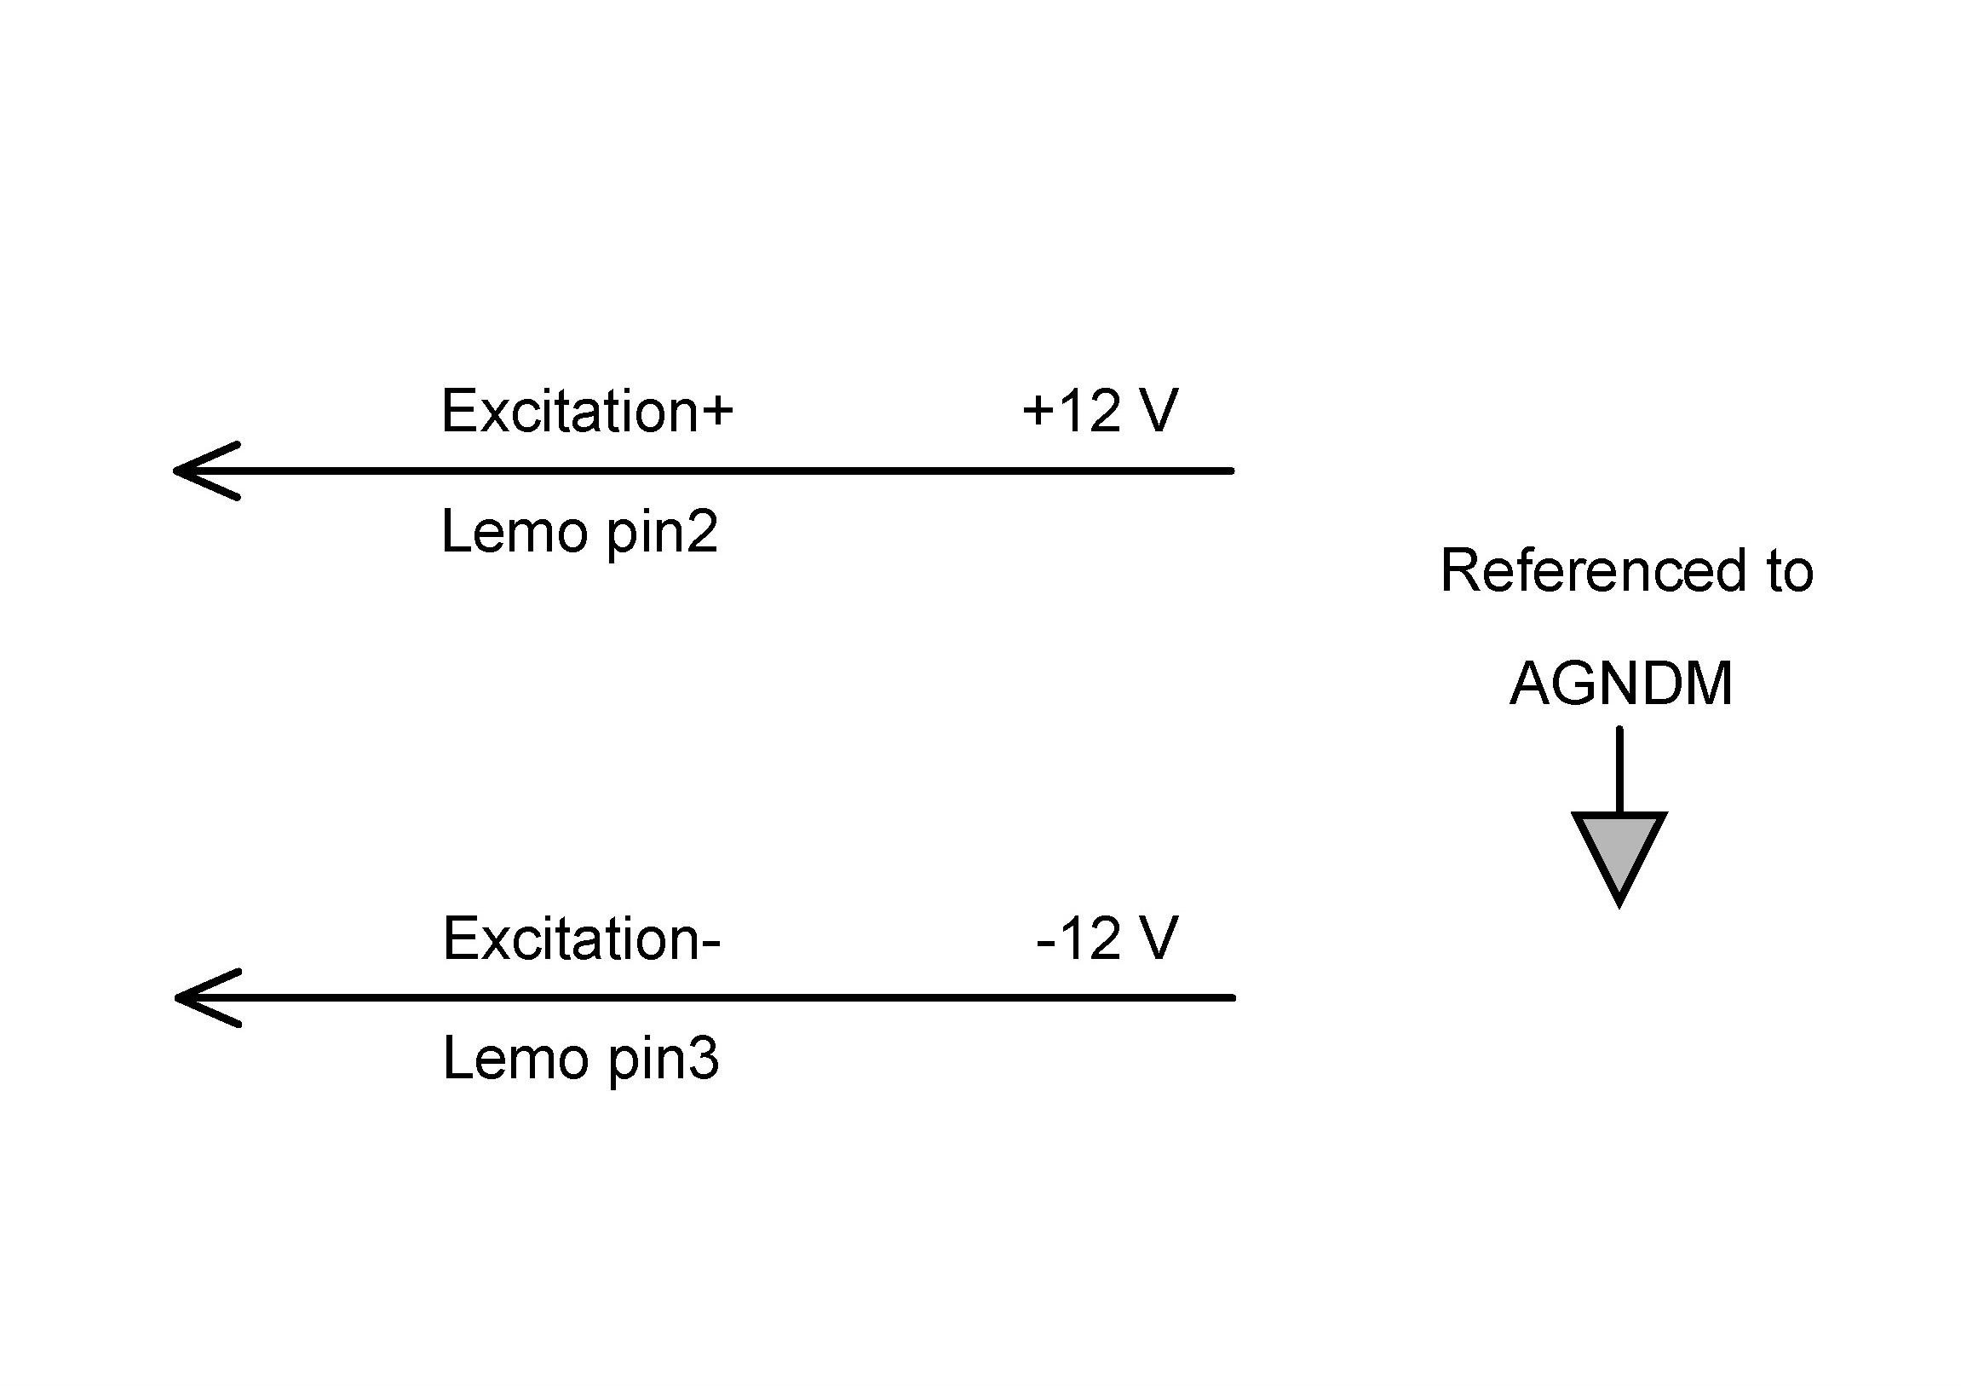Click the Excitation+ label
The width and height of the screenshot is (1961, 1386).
(587, 411)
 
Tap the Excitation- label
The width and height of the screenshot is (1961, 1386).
(582, 938)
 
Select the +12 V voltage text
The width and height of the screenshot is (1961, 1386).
(1100, 411)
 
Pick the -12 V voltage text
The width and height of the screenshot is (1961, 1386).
(1107, 938)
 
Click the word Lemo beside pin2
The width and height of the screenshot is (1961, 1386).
(515, 532)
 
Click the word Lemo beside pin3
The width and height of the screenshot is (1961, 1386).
(515, 1059)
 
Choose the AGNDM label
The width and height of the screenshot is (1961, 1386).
(1620, 684)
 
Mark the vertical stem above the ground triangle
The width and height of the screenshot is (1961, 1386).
(1619, 769)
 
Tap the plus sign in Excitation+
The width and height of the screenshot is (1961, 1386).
(716, 411)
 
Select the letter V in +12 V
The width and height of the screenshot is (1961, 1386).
(1159, 411)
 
